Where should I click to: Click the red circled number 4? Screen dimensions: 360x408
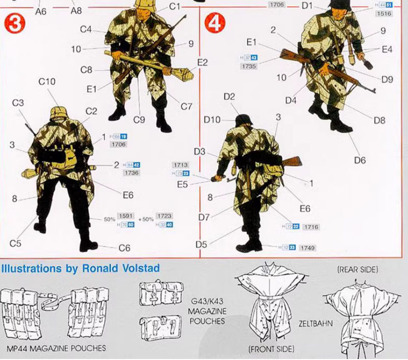pos(214,24)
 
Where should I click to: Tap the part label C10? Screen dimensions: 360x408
pos(47,82)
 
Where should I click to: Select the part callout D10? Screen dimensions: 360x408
pos(212,120)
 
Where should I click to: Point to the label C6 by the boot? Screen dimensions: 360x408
pos(125,248)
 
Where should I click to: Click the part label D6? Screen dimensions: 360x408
pos(359,160)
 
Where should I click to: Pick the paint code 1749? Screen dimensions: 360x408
pos(308,248)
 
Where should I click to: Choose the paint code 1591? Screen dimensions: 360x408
pos(126,216)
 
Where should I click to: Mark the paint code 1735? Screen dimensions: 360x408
pos(249,66)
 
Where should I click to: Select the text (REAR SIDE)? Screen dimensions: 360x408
pos(358,270)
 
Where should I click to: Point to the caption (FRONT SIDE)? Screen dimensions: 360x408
pos(271,349)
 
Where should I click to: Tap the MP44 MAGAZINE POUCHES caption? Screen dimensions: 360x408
pos(56,349)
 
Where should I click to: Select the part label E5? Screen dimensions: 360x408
pos(182,185)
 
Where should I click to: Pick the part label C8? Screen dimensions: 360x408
pos(86,70)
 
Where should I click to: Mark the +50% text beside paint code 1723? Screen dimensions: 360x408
pos(147,219)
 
